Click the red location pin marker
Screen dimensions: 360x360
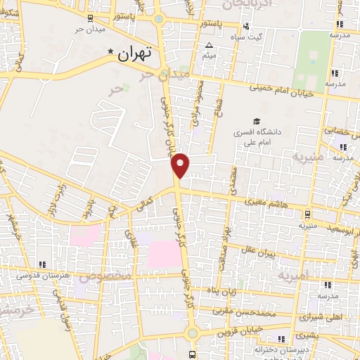tap(181, 164)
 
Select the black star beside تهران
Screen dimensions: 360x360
tap(110, 53)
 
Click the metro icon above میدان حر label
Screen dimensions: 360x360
tap(89, 19)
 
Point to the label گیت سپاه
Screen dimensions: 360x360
tap(250, 36)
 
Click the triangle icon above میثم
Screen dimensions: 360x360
tap(209, 46)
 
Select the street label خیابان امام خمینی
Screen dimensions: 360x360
tap(285, 90)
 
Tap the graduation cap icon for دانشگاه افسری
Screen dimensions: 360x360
tap(256, 120)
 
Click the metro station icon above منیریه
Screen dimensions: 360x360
tap(308, 215)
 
